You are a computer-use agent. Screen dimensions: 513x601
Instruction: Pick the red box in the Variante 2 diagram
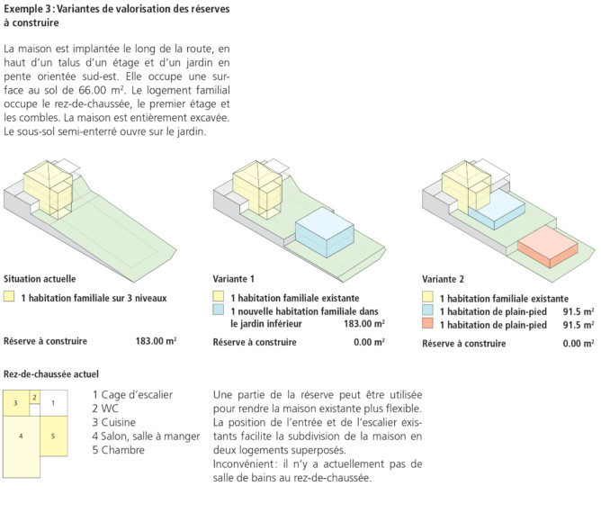pos(547,244)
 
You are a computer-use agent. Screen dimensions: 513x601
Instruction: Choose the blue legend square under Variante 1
pos(218,310)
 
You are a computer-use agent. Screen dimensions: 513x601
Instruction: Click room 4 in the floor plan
pos(21,436)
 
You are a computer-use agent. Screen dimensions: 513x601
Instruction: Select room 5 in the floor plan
pos(53,436)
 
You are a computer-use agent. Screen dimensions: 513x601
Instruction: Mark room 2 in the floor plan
pos(34,397)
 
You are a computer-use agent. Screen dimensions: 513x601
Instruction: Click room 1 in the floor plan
pos(53,402)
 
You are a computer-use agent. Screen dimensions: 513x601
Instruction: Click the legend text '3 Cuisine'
pos(114,422)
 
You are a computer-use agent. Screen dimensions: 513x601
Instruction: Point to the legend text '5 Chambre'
pos(118,451)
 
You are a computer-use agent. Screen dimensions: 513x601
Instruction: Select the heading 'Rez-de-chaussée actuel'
pos(51,373)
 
